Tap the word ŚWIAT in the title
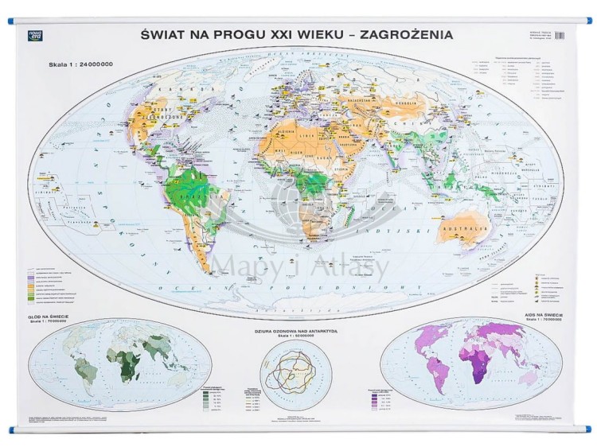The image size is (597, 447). pos(168,35)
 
